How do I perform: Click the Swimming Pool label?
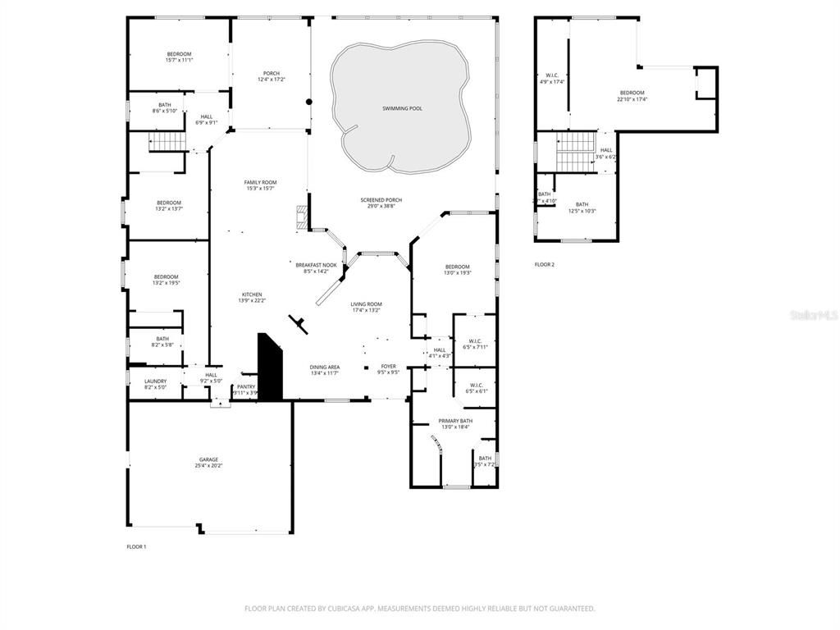402,108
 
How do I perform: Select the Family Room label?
260,182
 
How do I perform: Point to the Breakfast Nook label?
317,264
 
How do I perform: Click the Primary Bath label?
455,421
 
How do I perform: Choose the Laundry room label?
155,381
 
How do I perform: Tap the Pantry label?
246,387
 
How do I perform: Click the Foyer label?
388,367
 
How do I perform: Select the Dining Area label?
325,367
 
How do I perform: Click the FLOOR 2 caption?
545,264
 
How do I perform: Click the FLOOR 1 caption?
136,546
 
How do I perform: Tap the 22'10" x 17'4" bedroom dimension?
632,99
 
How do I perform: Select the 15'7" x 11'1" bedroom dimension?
179,60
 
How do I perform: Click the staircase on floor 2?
576,152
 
